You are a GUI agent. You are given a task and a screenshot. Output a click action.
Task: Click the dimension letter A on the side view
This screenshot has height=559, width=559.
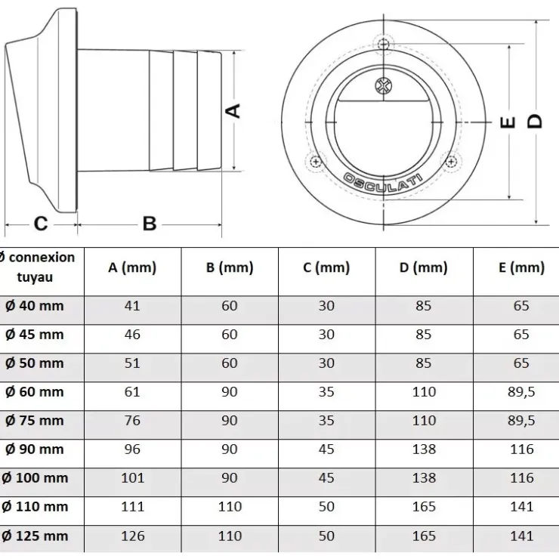click(x=234, y=110)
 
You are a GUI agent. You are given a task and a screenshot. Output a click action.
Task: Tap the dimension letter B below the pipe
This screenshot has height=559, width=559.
click(x=150, y=224)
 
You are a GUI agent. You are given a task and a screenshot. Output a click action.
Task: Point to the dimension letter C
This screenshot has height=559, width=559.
click(x=41, y=224)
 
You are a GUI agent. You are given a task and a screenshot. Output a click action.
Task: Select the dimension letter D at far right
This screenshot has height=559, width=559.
click(x=535, y=122)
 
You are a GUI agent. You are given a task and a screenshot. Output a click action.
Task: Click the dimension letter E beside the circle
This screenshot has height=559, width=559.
click(x=508, y=122)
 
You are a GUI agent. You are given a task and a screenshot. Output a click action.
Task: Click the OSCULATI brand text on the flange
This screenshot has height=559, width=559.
click(x=382, y=183)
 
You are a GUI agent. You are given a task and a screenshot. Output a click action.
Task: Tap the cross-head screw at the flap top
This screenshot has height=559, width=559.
click(x=384, y=86)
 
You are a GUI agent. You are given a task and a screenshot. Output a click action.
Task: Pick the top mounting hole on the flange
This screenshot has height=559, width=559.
click(x=384, y=45)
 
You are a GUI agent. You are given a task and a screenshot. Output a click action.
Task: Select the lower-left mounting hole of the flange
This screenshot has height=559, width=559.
click(x=316, y=162)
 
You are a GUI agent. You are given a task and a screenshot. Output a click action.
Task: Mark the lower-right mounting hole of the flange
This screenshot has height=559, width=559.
click(x=451, y=162)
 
